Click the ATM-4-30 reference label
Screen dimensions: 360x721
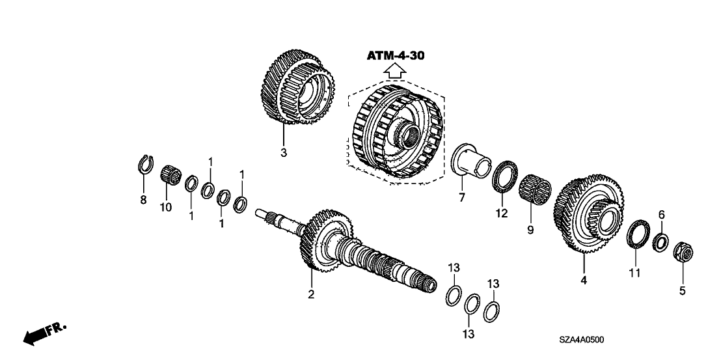pos(396,56)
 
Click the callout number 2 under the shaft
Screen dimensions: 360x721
pos(311,295)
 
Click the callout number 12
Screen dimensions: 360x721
pos(501,214)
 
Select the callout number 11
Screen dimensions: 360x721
pos(634,273)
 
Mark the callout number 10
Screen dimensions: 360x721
pos(166,207)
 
